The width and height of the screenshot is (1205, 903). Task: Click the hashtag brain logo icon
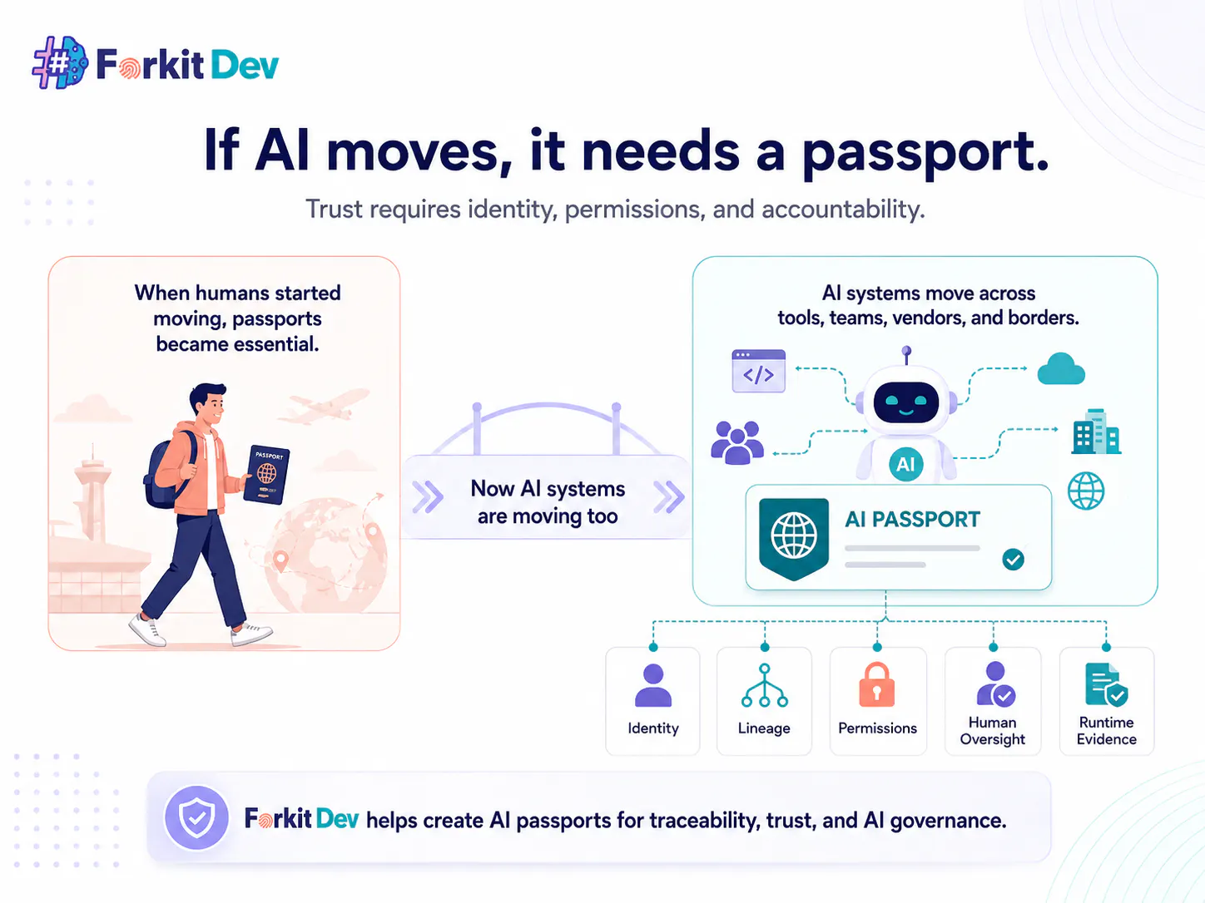click(60, 62)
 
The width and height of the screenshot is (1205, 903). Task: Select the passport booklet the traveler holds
click(266, 474)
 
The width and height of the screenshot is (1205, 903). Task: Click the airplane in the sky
click(324, 407)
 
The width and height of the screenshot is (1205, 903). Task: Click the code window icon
click(759, 371)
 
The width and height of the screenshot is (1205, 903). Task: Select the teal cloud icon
click(1061, 368)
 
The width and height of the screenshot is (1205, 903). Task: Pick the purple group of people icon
click(736, 442)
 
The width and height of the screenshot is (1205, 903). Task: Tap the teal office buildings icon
click(1096, 432)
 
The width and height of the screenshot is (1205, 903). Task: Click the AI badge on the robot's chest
click(905, 464)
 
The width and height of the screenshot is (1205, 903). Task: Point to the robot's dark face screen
click(905, 402)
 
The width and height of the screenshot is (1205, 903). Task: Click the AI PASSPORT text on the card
click(912, 519)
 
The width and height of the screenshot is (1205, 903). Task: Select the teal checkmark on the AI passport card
click(1013, 560)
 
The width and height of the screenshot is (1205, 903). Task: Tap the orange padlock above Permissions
click(877, 685)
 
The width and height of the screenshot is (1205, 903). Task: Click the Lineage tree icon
click(764, 685)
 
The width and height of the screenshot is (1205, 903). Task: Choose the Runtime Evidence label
click(1106, 731)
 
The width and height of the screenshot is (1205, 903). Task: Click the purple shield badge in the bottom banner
click(196, 818)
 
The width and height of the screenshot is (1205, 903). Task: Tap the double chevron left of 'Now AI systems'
click(427, 496)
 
